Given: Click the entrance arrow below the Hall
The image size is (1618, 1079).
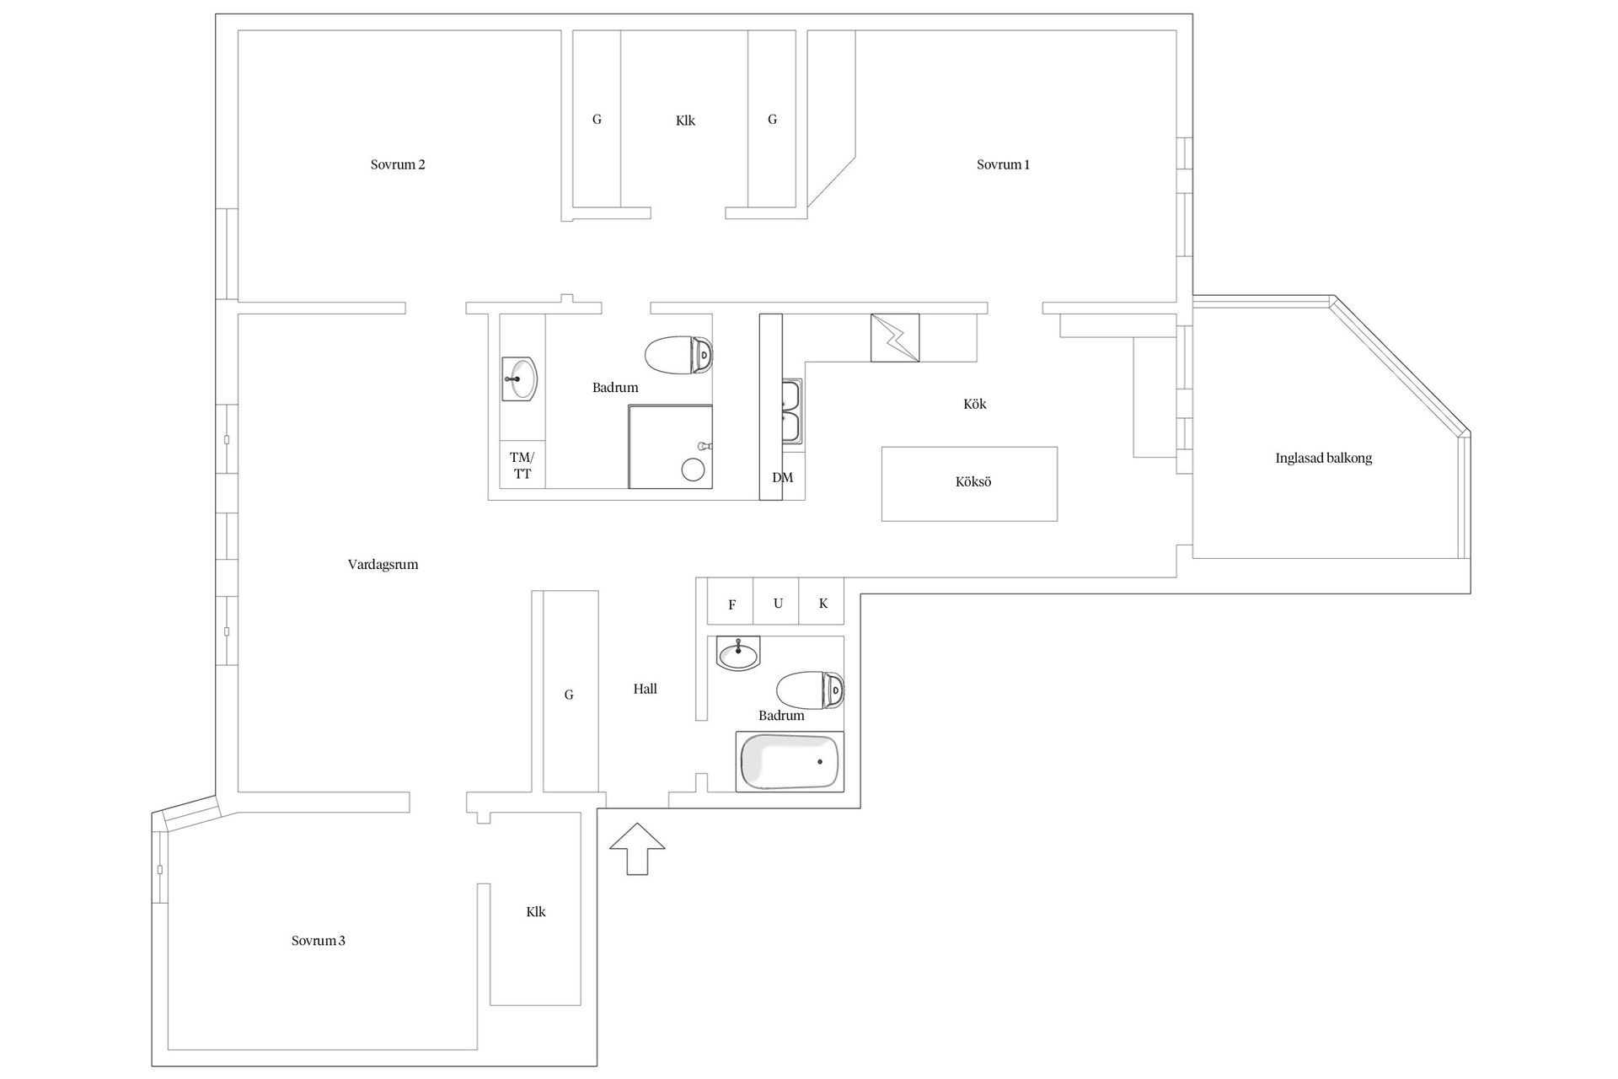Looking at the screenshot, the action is pyautogui.click(x=636, y=848).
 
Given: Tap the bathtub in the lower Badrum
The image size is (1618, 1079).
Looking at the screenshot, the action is pyautogui.click(x=790, y=762).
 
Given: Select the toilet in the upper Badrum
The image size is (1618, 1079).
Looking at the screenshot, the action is pyautogui.click(x=678, y=355).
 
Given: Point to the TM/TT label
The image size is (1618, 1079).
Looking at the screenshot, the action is pyautogui.click(x=522, y=465).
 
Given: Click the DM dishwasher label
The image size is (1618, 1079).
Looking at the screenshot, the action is pyautogui.click(x=783, y=478).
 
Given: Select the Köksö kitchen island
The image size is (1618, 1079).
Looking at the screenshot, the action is pyautogui.click(x=969, y=484).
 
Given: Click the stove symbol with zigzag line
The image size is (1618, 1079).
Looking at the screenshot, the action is pyautogui.click(x=895, y=338).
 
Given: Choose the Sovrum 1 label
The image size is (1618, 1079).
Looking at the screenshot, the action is pyautogui.click(x=1003, y=165).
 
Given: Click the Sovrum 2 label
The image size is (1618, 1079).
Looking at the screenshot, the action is pyautogui.click(x=398, y=165).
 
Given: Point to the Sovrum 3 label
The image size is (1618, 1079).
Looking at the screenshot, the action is pyautogui.click(x=319, y=941).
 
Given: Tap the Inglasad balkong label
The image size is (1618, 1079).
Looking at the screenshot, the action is pyautogui.click(x=1323, y=459).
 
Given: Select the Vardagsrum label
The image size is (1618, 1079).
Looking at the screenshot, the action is pyautogui.click(x=383, y=565).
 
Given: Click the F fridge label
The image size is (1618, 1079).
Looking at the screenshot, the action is pyautogui.click(x=732, y=605).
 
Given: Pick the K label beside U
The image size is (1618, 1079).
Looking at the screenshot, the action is pyautogui.click(x=823, y=604).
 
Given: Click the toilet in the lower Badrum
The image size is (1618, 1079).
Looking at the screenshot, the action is pyautogui.click(x=811, y=690).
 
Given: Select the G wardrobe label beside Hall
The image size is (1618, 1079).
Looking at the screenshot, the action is pyautogui.click(x=569, y=695).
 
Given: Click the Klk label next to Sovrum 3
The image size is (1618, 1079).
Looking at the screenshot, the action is pyautogui.click(x=536, y=912).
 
